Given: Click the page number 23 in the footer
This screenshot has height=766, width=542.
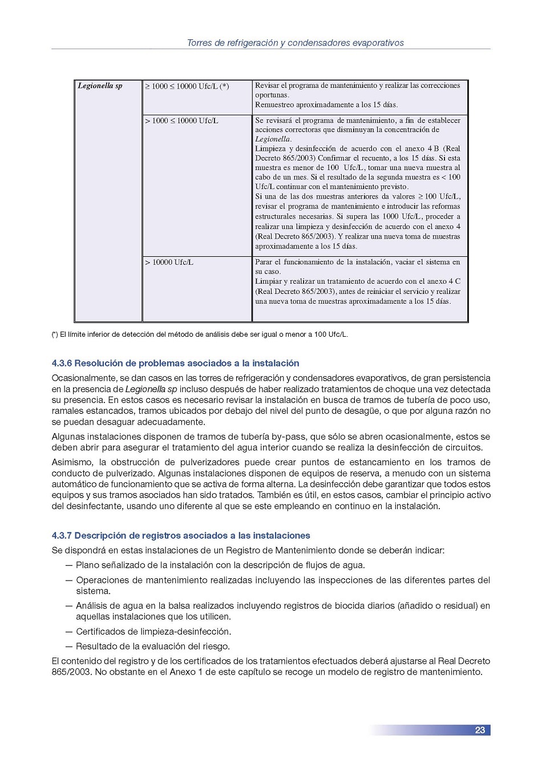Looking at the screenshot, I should [x=480, y=730].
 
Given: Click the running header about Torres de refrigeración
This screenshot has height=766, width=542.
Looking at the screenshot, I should [x=295, y=43].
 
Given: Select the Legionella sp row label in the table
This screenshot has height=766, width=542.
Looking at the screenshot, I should [x=100, y=86].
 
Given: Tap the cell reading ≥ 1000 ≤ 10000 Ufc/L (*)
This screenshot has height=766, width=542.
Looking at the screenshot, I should [x=187, y=86].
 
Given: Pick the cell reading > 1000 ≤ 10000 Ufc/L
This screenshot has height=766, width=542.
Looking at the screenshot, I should [x=181, y=120].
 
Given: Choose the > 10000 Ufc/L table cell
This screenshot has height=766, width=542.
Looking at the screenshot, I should [x=169, y=262].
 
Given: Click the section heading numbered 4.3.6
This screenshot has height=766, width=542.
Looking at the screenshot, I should [x=175, y=363].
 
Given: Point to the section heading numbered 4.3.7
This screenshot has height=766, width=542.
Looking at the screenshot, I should [x=181, y=535].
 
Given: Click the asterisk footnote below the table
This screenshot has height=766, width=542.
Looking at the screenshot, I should [x=200, y=334].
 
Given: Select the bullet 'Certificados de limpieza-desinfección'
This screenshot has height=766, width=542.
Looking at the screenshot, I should [x=153, y=631].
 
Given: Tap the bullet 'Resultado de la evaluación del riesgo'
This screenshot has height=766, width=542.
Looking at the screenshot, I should [x=152, y=646].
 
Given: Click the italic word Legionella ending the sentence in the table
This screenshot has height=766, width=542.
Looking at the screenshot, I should [x=273, y=139].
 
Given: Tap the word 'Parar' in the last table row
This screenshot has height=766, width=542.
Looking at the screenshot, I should [x=264, y=262].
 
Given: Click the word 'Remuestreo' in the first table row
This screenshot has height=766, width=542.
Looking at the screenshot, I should [x=275, y=104].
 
